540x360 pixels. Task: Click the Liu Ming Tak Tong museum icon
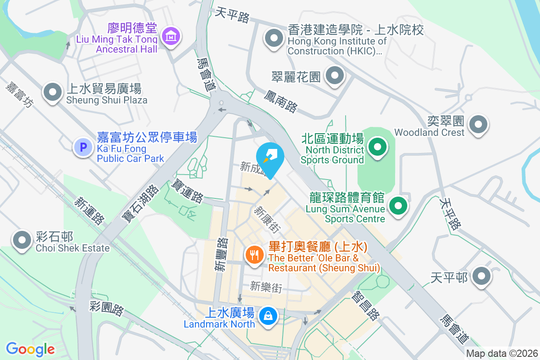171,36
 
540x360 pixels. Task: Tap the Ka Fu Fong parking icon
83,147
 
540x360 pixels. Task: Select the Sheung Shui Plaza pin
53,92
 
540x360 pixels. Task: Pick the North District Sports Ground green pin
378,147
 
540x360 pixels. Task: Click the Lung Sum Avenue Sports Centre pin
398,207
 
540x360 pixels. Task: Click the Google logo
30,349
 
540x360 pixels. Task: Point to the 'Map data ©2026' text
501,354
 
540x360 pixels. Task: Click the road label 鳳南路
281,101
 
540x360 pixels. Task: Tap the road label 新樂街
266,287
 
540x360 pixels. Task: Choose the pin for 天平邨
481,276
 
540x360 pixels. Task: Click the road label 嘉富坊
20,94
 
